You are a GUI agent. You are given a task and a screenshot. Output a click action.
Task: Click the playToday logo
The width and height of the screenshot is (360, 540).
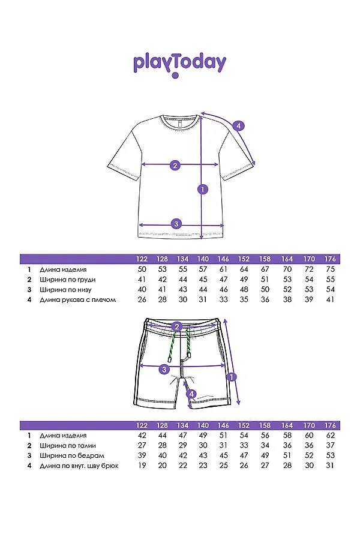(x=180, y=65)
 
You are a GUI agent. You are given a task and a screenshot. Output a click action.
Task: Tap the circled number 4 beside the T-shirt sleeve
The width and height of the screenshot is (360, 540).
(x=238, y=126)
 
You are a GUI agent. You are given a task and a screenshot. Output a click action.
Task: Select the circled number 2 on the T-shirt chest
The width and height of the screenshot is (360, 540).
(x=175, y=166)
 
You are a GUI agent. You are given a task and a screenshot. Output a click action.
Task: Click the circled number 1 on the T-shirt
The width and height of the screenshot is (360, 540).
(x=203, y=189)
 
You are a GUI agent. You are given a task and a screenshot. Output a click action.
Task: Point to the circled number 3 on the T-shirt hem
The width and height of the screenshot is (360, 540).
(x=176, y=224)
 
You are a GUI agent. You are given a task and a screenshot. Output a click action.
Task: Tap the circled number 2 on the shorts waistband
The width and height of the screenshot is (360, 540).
(x=177, y=326)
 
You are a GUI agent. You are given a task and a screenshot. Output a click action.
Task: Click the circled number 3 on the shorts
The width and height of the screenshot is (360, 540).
(x=164, y=370)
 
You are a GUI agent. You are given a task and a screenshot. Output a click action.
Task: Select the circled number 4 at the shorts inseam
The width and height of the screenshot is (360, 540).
(x=191, y=394)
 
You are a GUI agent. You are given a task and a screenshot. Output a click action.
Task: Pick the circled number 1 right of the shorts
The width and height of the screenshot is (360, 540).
(x=232, y=377)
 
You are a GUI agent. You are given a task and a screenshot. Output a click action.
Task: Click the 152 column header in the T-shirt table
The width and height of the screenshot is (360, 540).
(x=244, y=259)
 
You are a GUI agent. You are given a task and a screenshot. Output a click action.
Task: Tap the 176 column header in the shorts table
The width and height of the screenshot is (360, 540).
(x=330, y=425)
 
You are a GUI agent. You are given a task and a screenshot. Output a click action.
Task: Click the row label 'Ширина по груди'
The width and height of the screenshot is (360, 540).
(x=68, y=280)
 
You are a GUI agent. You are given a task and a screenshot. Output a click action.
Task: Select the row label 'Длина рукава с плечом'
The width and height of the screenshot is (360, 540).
(x=78, y=300)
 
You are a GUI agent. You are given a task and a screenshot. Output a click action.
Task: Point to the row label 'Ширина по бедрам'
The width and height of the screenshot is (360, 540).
(x=72, y=455)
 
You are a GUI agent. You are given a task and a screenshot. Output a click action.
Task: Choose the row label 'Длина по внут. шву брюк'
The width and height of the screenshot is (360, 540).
(x=79, y=466)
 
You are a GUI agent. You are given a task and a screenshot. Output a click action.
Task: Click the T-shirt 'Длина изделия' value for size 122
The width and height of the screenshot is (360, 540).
(x=142, y=269)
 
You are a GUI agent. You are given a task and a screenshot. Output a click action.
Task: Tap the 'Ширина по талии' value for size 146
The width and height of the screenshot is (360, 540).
(x=224, y=445)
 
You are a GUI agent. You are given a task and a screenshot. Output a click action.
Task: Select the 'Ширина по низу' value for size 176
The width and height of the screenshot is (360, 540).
(x=330, y=290)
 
